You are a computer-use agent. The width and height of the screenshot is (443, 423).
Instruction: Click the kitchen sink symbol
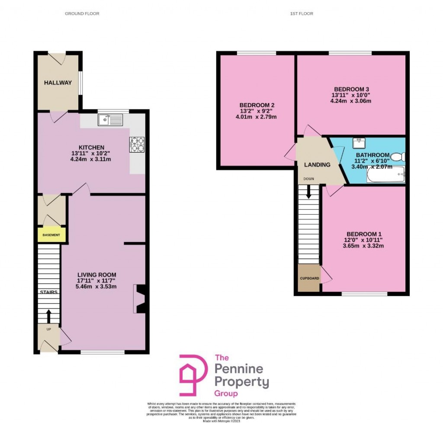pyautogui.click(x=111, y=119)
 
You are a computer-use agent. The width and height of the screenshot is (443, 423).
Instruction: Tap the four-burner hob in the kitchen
pyautogui.click(x=137, y=144)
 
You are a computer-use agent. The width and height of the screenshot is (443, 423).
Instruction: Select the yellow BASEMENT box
pyautogui.click(x=51, y=235)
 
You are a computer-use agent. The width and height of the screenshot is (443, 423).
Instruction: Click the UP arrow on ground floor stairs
pyautogui.click(x=48, y=316)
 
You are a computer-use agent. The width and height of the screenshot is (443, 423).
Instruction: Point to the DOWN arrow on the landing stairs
pyautogui.click(x=308, y=191)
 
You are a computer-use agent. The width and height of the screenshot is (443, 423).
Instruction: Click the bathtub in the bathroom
pyautogui.click(x=385, y=175)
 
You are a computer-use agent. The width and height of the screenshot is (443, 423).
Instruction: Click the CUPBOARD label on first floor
pyautogui.click(x=309, y=278)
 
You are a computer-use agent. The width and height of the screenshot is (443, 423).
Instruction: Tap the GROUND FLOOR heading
pyautogui.click(x=82, y=14)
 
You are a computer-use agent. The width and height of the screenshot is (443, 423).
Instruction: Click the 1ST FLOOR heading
pyautogui.click(x=302, y=14)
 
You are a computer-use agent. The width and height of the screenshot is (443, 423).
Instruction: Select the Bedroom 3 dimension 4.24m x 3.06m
pyautogui.click(x=351, y=101)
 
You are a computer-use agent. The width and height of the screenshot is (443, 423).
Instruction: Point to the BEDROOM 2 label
pyautogui.click(x=257, y=105)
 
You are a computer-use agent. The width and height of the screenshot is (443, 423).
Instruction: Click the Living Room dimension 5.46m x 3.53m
pyautogui.click(x=96, y=287)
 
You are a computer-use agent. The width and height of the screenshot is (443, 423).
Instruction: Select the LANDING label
pyautogui.click(x=317, y=165)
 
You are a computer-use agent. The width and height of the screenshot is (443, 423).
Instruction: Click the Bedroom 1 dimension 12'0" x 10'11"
pyautogui.click(x=363, y=240)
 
